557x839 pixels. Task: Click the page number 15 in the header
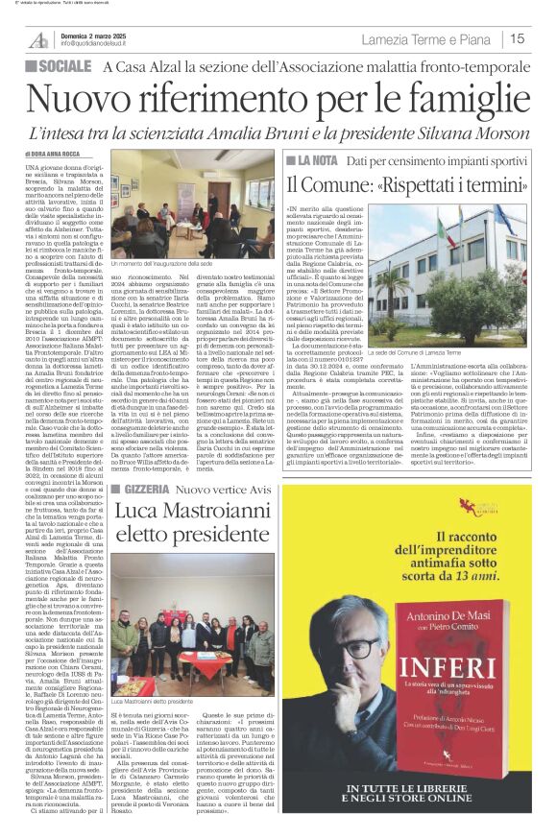click(518, 38)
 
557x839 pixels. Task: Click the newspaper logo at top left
click(39, 38)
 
